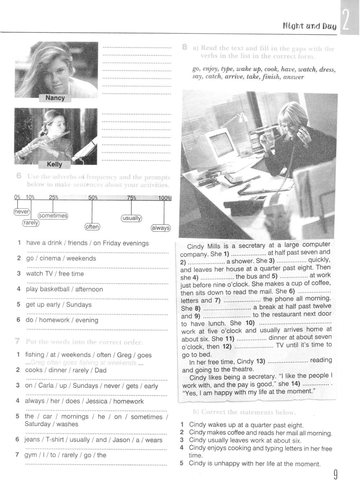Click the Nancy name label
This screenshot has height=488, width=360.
[x=55, y=98]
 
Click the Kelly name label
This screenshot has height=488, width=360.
[x=55, y=164]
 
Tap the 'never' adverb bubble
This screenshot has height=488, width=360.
[x=22, y=212]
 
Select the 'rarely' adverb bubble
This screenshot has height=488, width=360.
[x=31, y=223]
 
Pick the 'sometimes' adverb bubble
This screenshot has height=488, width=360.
[x=53, y=216]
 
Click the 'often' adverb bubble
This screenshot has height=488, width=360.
[x=92, y=227]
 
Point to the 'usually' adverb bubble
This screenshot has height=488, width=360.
[x=131, y=218]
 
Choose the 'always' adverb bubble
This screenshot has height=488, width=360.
[x=161, y=228]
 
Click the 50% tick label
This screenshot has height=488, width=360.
[x=93, y=197]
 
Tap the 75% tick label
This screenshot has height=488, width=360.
[x=131, y=197]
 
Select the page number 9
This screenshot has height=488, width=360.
[x=335, y=476]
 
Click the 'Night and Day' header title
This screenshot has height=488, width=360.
[x=309, y=26]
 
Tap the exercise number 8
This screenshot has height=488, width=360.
[x=184, y=47]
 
